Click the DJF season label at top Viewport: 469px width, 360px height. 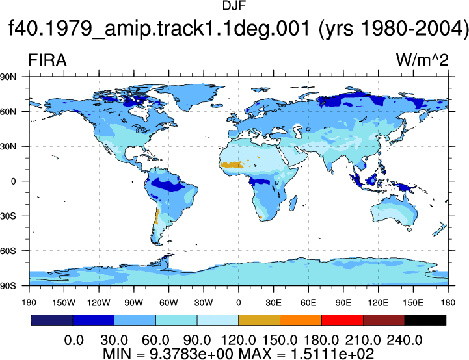click(x=234, y=6)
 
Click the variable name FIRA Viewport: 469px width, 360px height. click(x=47, y=60)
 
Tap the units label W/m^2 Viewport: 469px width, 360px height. click(x=422, y=60)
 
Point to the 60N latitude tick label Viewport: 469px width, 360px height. click(x=8, y=112)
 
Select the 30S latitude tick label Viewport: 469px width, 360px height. click(x=8, y=216)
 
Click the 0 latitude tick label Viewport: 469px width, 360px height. click(x=13, y=181)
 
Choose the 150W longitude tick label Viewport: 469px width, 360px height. click(x=64, y=303)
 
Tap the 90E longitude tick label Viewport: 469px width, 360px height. click(x=343, y=303)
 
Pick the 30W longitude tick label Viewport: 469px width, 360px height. click(x=204, y=303)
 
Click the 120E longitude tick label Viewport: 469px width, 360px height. click(x=378, y=303)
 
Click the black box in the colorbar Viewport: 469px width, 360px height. click(x=425, y=320)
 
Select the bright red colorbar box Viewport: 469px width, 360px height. click(x=342, y=320)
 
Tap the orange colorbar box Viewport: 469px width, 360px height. click(x=301, y=320)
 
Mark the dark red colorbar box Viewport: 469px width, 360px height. click(x=384, y=320)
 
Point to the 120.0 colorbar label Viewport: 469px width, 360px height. click(x=238, y=340)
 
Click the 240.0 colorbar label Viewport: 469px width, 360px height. click(x=405, y=340)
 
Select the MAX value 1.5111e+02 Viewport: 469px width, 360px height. click(x=332, y=354)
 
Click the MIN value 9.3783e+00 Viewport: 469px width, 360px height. click(x=191, y=354)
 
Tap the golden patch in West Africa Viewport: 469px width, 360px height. click(x=232, y=164)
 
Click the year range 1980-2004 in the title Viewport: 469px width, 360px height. click(x=415, y=29)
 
